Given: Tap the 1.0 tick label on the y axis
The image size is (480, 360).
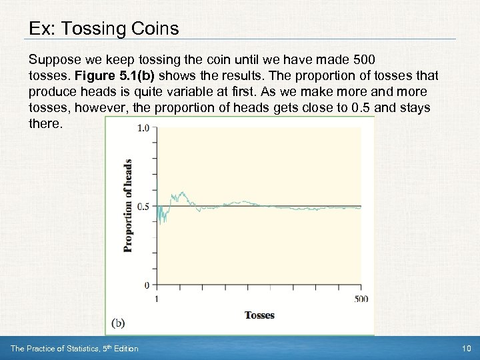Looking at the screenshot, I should (143, 128).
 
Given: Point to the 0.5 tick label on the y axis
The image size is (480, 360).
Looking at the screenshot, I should (143, 207).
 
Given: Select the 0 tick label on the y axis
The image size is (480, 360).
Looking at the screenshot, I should (147, 285).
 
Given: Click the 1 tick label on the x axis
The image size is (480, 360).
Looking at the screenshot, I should (157, 299).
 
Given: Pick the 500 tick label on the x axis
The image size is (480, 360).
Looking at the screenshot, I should (361, 299).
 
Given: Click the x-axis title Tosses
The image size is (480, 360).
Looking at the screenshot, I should (259, 315).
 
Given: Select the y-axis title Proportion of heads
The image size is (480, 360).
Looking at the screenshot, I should (128, 205).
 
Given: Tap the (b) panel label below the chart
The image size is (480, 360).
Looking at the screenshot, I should (118, 323).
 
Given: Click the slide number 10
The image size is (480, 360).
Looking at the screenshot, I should (465, 349).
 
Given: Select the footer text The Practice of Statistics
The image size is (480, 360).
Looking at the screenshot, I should (57, 349).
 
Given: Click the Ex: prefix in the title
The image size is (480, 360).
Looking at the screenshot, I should (41, 29).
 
